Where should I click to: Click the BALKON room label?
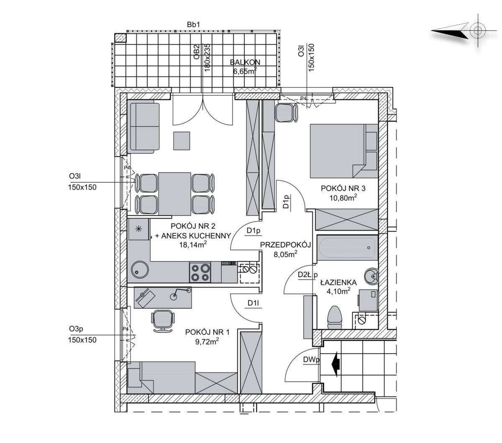coord(245,62)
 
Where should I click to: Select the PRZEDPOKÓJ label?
coord(285,245)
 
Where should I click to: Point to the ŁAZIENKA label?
coord(338,282)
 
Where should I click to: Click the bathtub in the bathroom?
coord(347,248)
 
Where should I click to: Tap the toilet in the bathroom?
coord(335,318)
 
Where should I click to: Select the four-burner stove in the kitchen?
coord(200,272)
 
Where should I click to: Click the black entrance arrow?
coord(335,364)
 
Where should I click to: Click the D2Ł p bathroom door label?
coord(307,275)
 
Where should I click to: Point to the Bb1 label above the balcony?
coord(193,25)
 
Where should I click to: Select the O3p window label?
coord(76,329)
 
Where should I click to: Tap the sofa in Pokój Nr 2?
coord(144,127)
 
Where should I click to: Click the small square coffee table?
coord(182,141)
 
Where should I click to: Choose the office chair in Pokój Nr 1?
coord(163,321)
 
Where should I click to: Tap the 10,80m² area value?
coord(343,198)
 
